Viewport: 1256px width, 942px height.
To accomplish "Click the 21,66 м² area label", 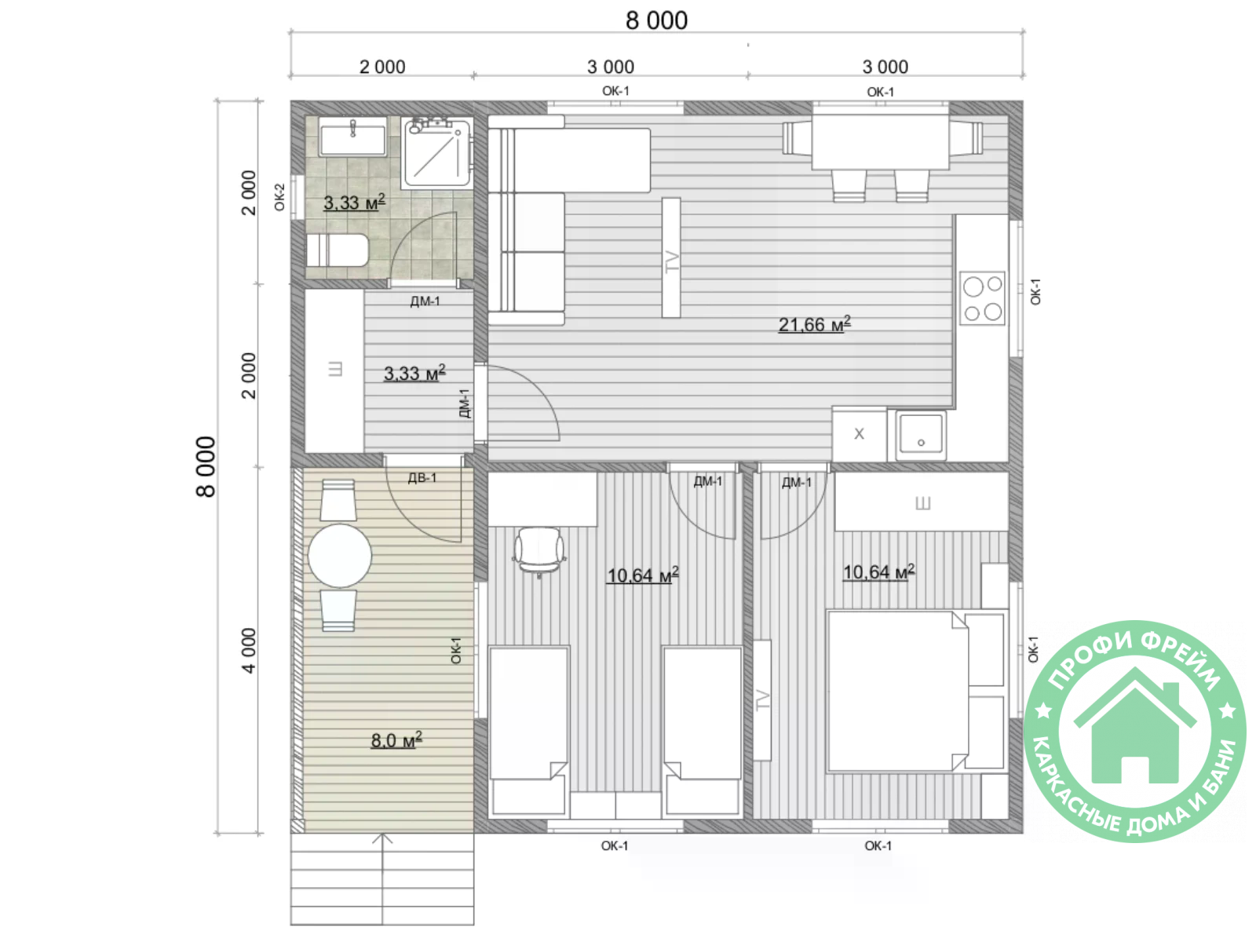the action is (x=814, y=324).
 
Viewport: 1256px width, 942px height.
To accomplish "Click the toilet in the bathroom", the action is (x=337, y=250).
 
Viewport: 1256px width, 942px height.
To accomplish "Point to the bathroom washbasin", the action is (x=352, y=137).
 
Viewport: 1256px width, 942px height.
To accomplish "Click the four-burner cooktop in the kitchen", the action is (x=982, y=298).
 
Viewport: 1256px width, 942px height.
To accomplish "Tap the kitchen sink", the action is (x=920, y=435).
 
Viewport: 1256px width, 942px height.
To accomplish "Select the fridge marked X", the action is (x=859, y=434).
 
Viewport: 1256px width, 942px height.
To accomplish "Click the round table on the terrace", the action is (x=339, y=555).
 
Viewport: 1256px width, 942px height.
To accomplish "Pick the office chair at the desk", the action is (x=539, y=551).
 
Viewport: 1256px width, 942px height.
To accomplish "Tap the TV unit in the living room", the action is (x=671, y=257).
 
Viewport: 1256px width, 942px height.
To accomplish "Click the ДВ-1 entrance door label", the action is (x=422, y=477).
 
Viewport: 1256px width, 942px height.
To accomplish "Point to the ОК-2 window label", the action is (x=279, y=197).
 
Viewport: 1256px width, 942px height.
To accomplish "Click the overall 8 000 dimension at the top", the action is (x=656, y=20).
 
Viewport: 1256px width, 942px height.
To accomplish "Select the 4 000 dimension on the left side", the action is (x=248, y=650).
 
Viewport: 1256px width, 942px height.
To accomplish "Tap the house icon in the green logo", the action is (x=1134, y=725).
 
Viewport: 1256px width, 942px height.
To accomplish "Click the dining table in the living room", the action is (x=880, y=142).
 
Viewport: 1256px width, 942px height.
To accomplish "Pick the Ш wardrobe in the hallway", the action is (x=334, y=371).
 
